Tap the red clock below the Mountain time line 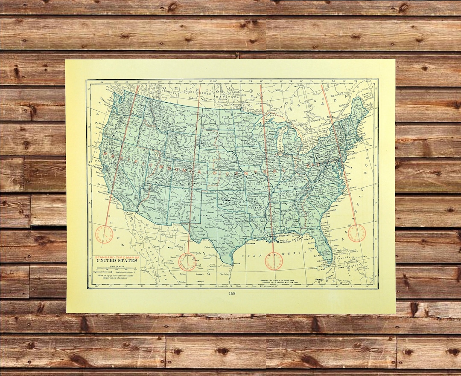click(187, 262)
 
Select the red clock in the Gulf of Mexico click(274, 260)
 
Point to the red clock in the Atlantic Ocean click(356, 233)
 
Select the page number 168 click(232, 293)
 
